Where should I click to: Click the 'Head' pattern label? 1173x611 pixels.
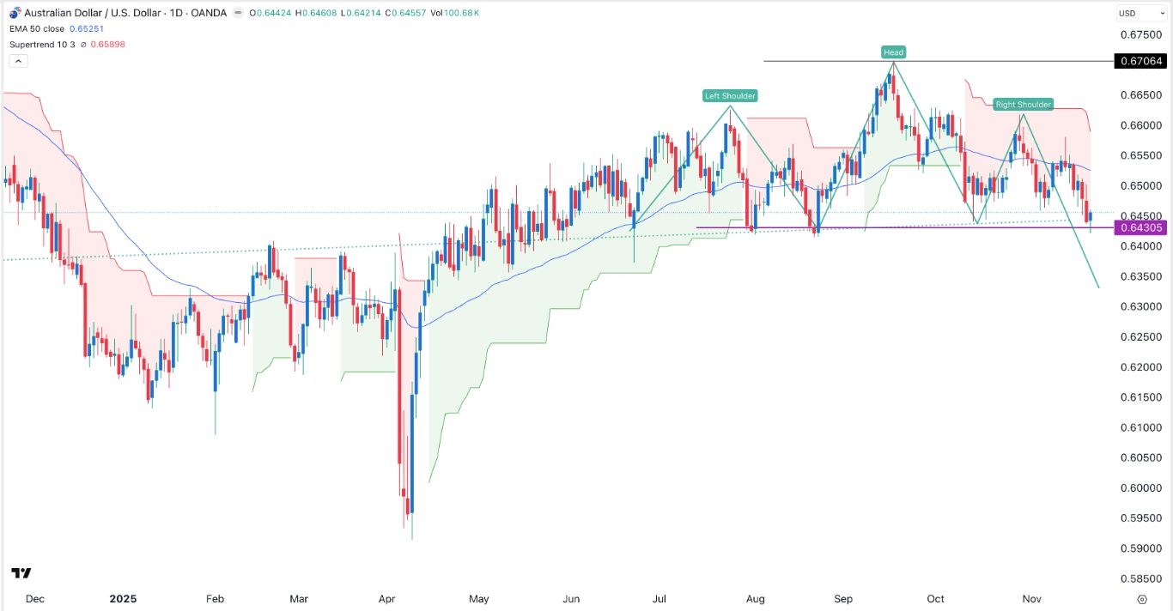(893, 52)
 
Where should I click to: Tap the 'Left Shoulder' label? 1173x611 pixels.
(730, 96)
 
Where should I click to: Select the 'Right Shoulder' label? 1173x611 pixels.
(1023, 105)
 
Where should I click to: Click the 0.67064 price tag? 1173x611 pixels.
(1140, 61)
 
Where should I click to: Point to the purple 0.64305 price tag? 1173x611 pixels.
(1140, 227)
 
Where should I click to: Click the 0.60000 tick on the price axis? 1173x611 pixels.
(1140, 488)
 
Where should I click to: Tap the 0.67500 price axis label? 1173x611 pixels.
(1140, 35)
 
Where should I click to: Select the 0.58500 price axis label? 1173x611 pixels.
(1140, 579)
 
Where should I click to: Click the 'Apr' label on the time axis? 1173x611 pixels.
(386, 599)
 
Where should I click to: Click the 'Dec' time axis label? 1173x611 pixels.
(35, 599)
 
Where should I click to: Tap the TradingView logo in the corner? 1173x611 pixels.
(21, 573)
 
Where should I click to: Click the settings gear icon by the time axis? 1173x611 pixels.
(1141, 599)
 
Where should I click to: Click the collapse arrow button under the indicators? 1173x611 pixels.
(19, 61)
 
